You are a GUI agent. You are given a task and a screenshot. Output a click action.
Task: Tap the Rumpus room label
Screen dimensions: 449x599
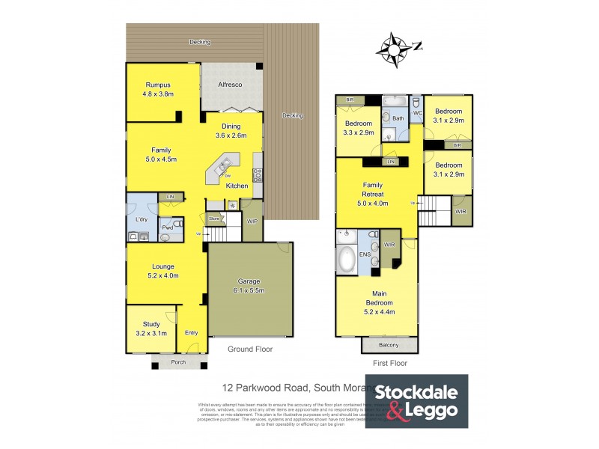pos(159,85)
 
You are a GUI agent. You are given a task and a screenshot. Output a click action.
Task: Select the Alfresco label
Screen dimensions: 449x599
pos(229,85)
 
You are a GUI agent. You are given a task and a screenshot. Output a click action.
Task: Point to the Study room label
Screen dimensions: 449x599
pos(151,325)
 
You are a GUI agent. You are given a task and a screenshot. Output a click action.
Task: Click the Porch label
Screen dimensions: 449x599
pos(178,362)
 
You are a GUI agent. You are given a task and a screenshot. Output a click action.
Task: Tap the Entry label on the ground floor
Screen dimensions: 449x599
pos(192,332)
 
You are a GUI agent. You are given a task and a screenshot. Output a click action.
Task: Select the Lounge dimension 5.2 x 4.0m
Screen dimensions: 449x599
pos(163,275)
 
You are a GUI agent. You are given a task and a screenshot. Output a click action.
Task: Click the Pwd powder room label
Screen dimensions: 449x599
pos(168,227)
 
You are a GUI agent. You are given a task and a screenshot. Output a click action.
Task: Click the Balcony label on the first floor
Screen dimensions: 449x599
pos(389,345)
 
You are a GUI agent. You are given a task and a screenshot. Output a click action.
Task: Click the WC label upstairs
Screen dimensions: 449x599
pos(418,113)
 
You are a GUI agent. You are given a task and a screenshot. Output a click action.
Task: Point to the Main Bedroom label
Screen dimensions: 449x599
pos(379,299)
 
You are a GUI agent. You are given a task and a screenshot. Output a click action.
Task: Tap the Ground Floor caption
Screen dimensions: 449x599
pos(250,349)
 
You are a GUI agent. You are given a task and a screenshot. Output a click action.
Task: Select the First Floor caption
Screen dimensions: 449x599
pos(389,363)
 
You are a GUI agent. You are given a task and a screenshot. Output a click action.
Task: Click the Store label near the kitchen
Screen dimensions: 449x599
pos(215,219)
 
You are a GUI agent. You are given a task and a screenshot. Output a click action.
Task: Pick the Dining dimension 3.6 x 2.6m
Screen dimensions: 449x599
pos(231,135)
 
